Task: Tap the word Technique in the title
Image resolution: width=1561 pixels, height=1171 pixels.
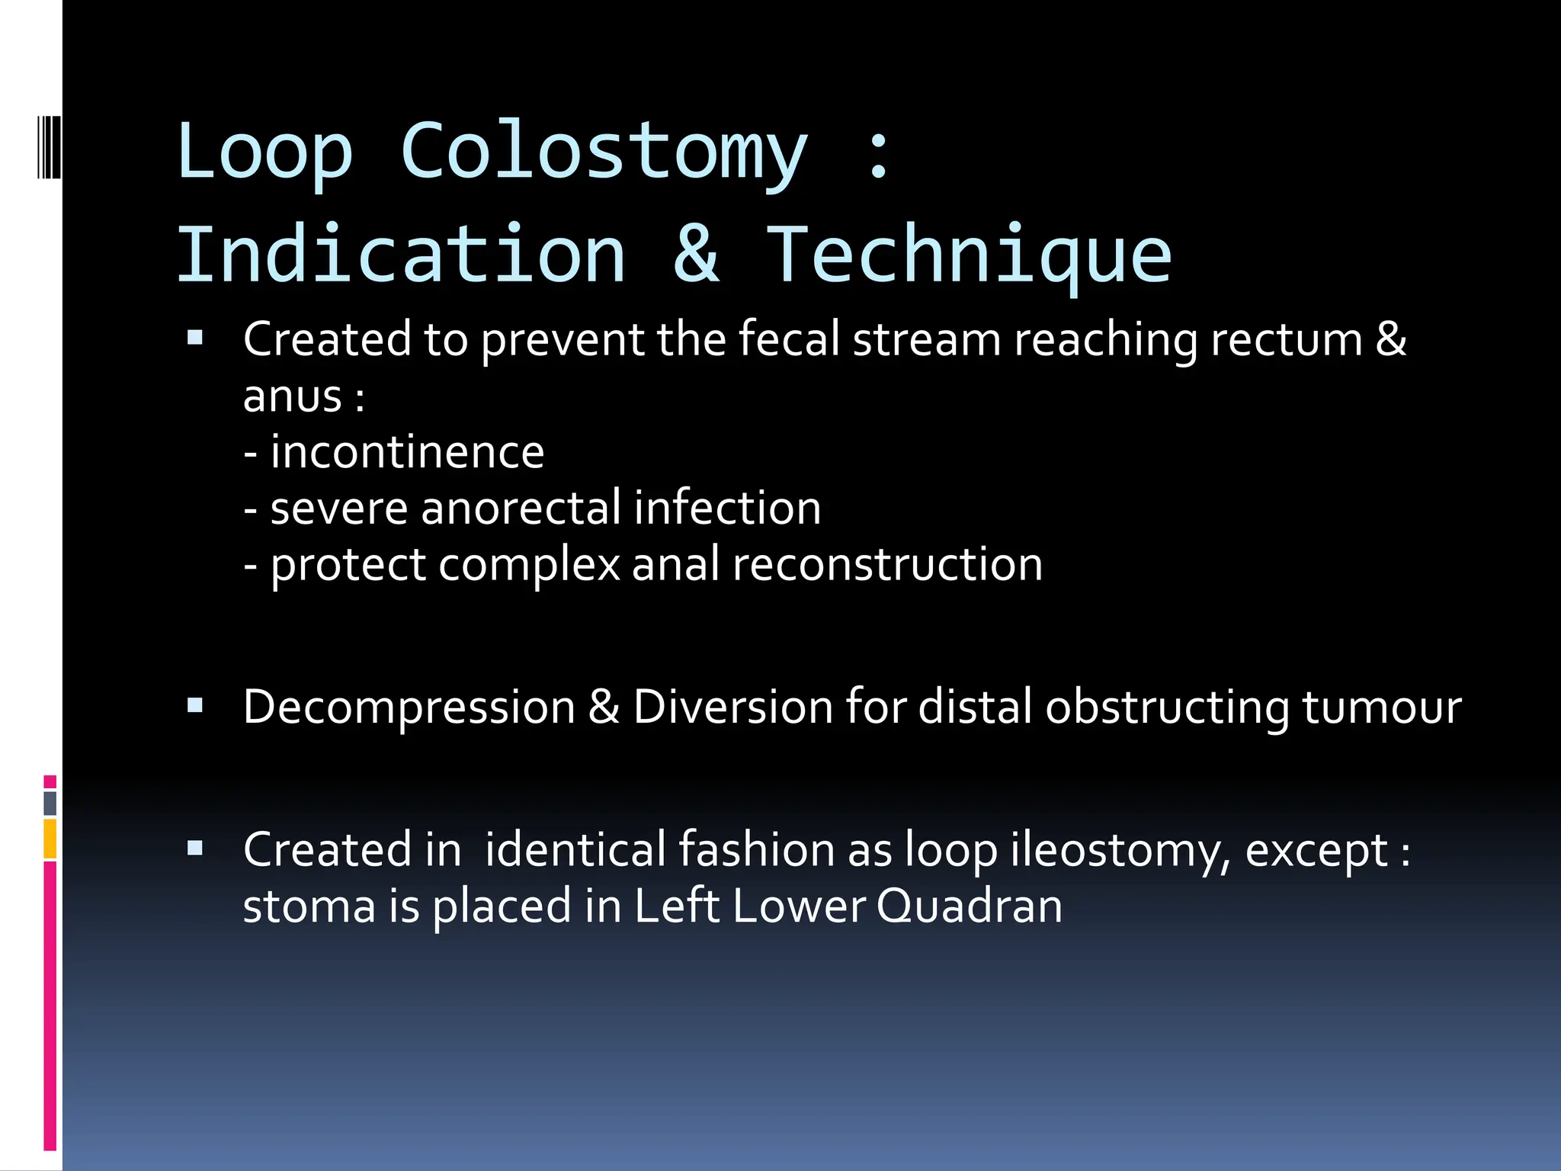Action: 968,255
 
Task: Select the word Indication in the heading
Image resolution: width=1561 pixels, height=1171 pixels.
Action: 401,255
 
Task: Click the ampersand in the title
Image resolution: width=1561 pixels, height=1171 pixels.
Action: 696,255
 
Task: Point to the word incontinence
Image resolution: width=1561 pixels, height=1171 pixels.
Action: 407,452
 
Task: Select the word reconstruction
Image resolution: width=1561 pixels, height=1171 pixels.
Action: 887,565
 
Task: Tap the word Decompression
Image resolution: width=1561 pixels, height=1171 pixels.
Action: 409,707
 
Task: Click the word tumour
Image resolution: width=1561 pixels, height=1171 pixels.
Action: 1381,707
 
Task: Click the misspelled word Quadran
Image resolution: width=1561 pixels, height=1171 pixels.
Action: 969,906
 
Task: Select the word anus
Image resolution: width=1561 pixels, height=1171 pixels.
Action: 292,396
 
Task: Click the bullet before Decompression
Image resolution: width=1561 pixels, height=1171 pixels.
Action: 196,706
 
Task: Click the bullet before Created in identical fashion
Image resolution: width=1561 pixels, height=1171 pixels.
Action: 196,849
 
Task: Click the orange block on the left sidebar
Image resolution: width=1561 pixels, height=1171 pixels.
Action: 50,839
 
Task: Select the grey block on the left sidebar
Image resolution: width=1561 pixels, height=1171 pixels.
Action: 50,803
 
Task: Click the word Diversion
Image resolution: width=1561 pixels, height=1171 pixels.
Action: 732,707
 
